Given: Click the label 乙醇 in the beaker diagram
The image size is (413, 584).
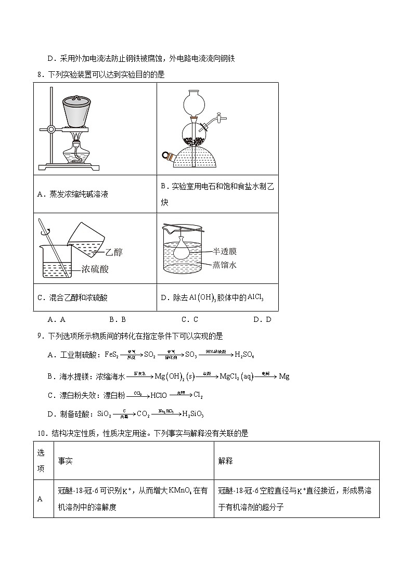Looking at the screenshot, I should coord(113,253).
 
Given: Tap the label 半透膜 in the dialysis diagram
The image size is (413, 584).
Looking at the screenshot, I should coord(224,251).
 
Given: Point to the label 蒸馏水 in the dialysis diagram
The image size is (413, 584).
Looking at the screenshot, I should coord(224,264).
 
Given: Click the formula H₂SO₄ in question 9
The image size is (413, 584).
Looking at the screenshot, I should coord(244,355).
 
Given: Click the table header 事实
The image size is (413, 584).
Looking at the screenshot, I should coord(65,461).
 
